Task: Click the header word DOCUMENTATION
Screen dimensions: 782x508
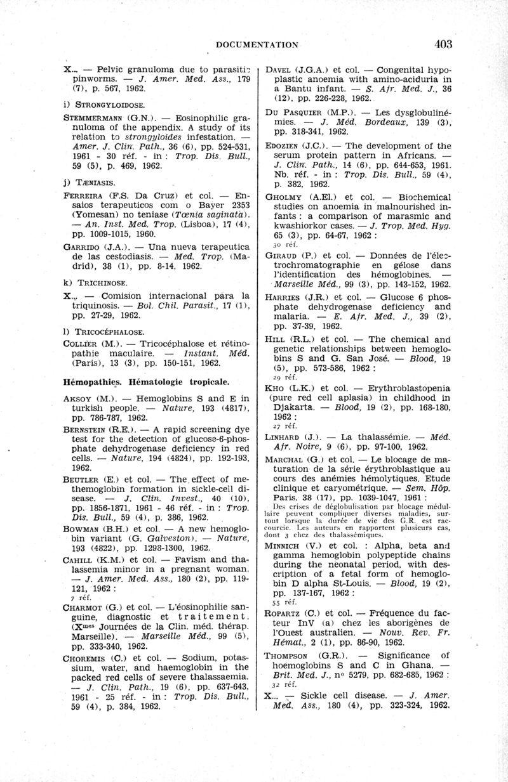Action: tap(258, 44)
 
